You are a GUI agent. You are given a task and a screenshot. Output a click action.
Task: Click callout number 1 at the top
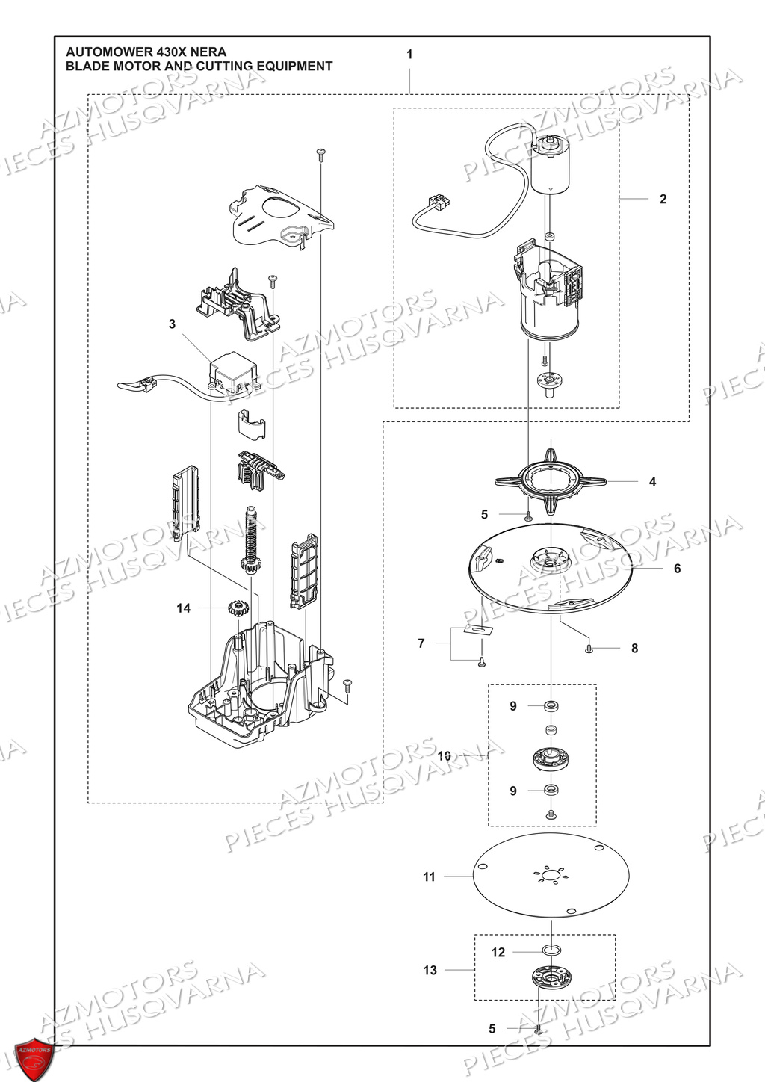(x=409, y=55)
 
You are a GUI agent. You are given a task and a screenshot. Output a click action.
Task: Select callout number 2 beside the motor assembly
(x=663, y=199)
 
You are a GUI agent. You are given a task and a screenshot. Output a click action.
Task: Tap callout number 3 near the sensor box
(x=173, y=324)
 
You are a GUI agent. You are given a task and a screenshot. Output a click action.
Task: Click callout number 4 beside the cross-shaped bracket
(x=652, y=482)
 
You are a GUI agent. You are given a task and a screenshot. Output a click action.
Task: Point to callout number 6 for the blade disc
(x=677, y=569)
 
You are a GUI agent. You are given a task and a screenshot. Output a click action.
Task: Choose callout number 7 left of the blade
(x=421, y=643)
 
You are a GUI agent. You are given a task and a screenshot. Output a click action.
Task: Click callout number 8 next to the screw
(x=634, y=649)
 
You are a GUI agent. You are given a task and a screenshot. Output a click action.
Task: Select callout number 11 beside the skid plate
(x=429, y=877)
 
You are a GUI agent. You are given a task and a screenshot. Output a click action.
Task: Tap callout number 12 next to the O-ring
(x=498, y=952)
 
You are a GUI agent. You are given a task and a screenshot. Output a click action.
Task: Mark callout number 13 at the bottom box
(x=430, y=970)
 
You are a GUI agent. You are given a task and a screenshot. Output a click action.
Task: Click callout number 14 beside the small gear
(x=184, y=608)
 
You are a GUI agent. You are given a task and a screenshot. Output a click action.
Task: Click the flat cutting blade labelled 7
(x=479, y=629)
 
